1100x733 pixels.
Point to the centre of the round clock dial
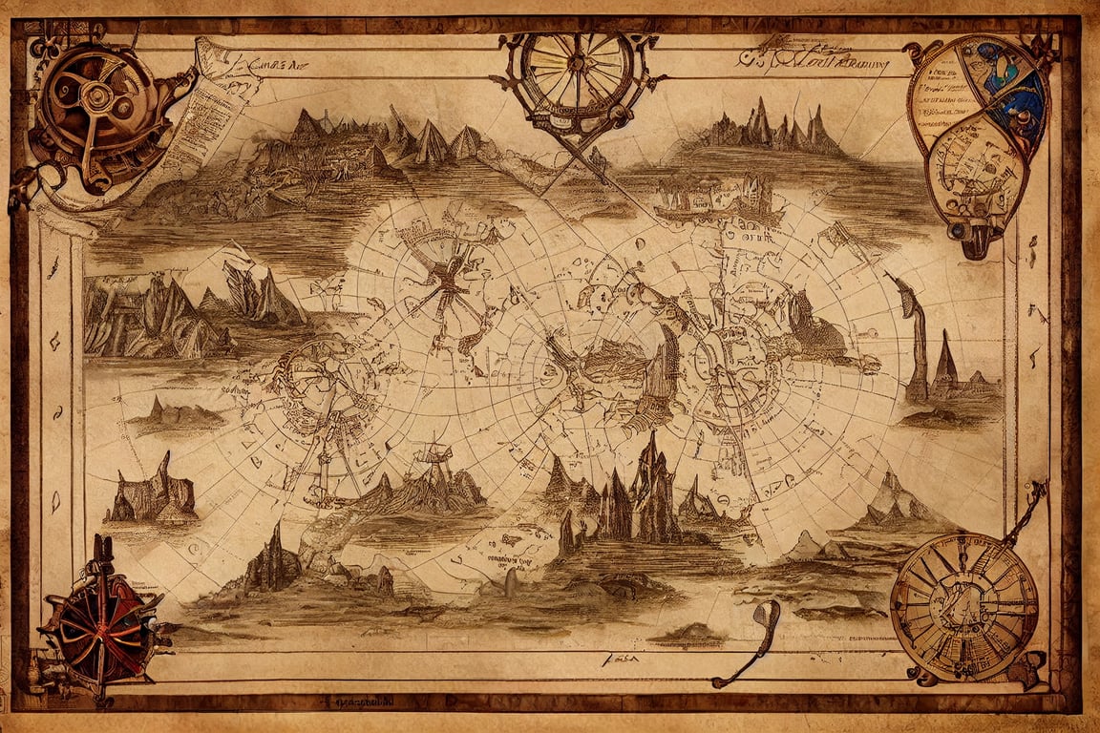(963, 607)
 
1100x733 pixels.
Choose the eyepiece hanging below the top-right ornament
(975, 239)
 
